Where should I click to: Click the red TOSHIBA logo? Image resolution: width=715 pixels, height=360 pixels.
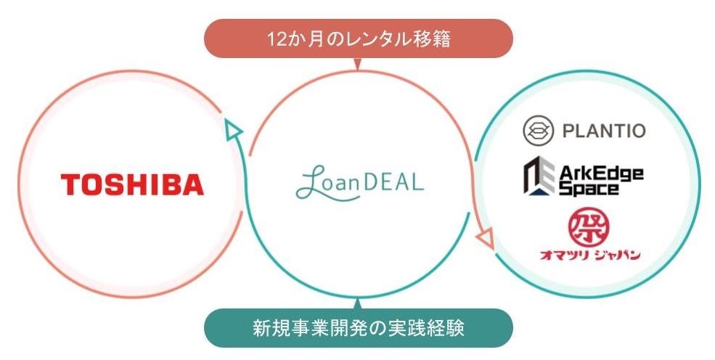pyautogui.click(x=132, y=184)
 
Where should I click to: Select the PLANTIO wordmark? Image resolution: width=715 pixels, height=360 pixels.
pyautogui.click(x=604, y=131)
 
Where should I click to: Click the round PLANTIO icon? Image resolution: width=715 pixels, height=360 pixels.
pyautogui.click(x=539, y=131)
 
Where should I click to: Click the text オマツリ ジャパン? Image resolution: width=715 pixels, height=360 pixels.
pyautogui.click(x=589, y=254)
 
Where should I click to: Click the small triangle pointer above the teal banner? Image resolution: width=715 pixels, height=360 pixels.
pyautogui.click(x=357, y=303)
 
